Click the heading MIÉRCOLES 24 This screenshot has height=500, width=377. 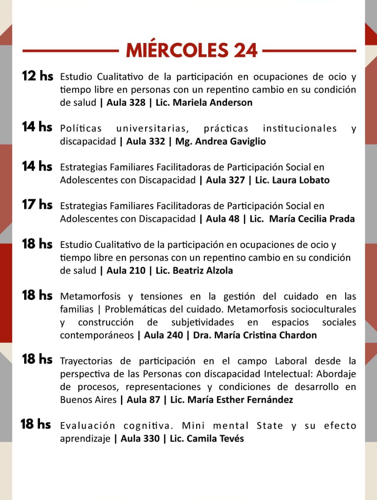[191, 51]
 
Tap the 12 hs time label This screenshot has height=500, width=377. [38, 76]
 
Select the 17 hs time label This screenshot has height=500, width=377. [38, 205]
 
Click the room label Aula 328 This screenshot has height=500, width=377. [126, 102]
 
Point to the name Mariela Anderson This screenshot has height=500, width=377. [212, 102]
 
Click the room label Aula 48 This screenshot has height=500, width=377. [223, 219]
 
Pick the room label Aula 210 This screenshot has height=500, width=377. [126, 270]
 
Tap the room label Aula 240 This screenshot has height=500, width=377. [163, 335]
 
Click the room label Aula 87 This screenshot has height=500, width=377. [143, 400]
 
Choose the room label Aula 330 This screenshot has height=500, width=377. [140, 438]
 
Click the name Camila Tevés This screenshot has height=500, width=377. [211, 438]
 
